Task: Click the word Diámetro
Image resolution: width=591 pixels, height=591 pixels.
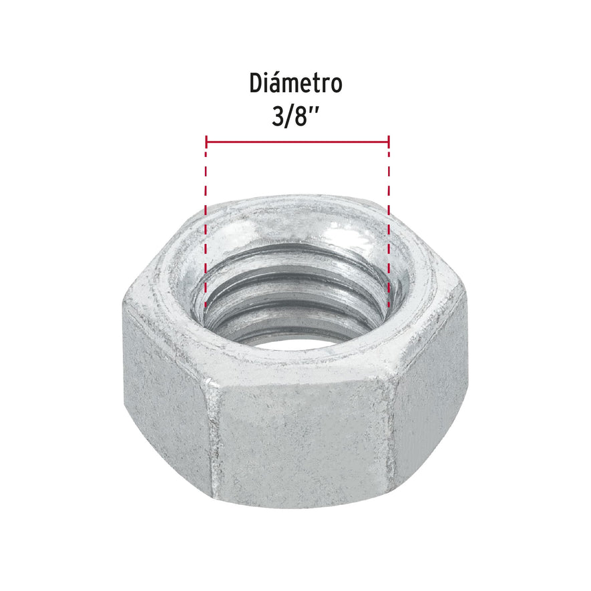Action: [x=296, y=84]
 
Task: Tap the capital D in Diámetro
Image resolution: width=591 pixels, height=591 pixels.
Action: [x=256, y=84]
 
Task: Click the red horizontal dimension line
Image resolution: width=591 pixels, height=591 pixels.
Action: [x=297, y=142]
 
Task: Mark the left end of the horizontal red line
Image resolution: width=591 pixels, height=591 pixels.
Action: [x=207, y=142]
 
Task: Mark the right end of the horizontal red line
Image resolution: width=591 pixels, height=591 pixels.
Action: [x=389, y=142]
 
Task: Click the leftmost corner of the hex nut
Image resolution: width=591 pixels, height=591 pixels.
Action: [x=124, y=304]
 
